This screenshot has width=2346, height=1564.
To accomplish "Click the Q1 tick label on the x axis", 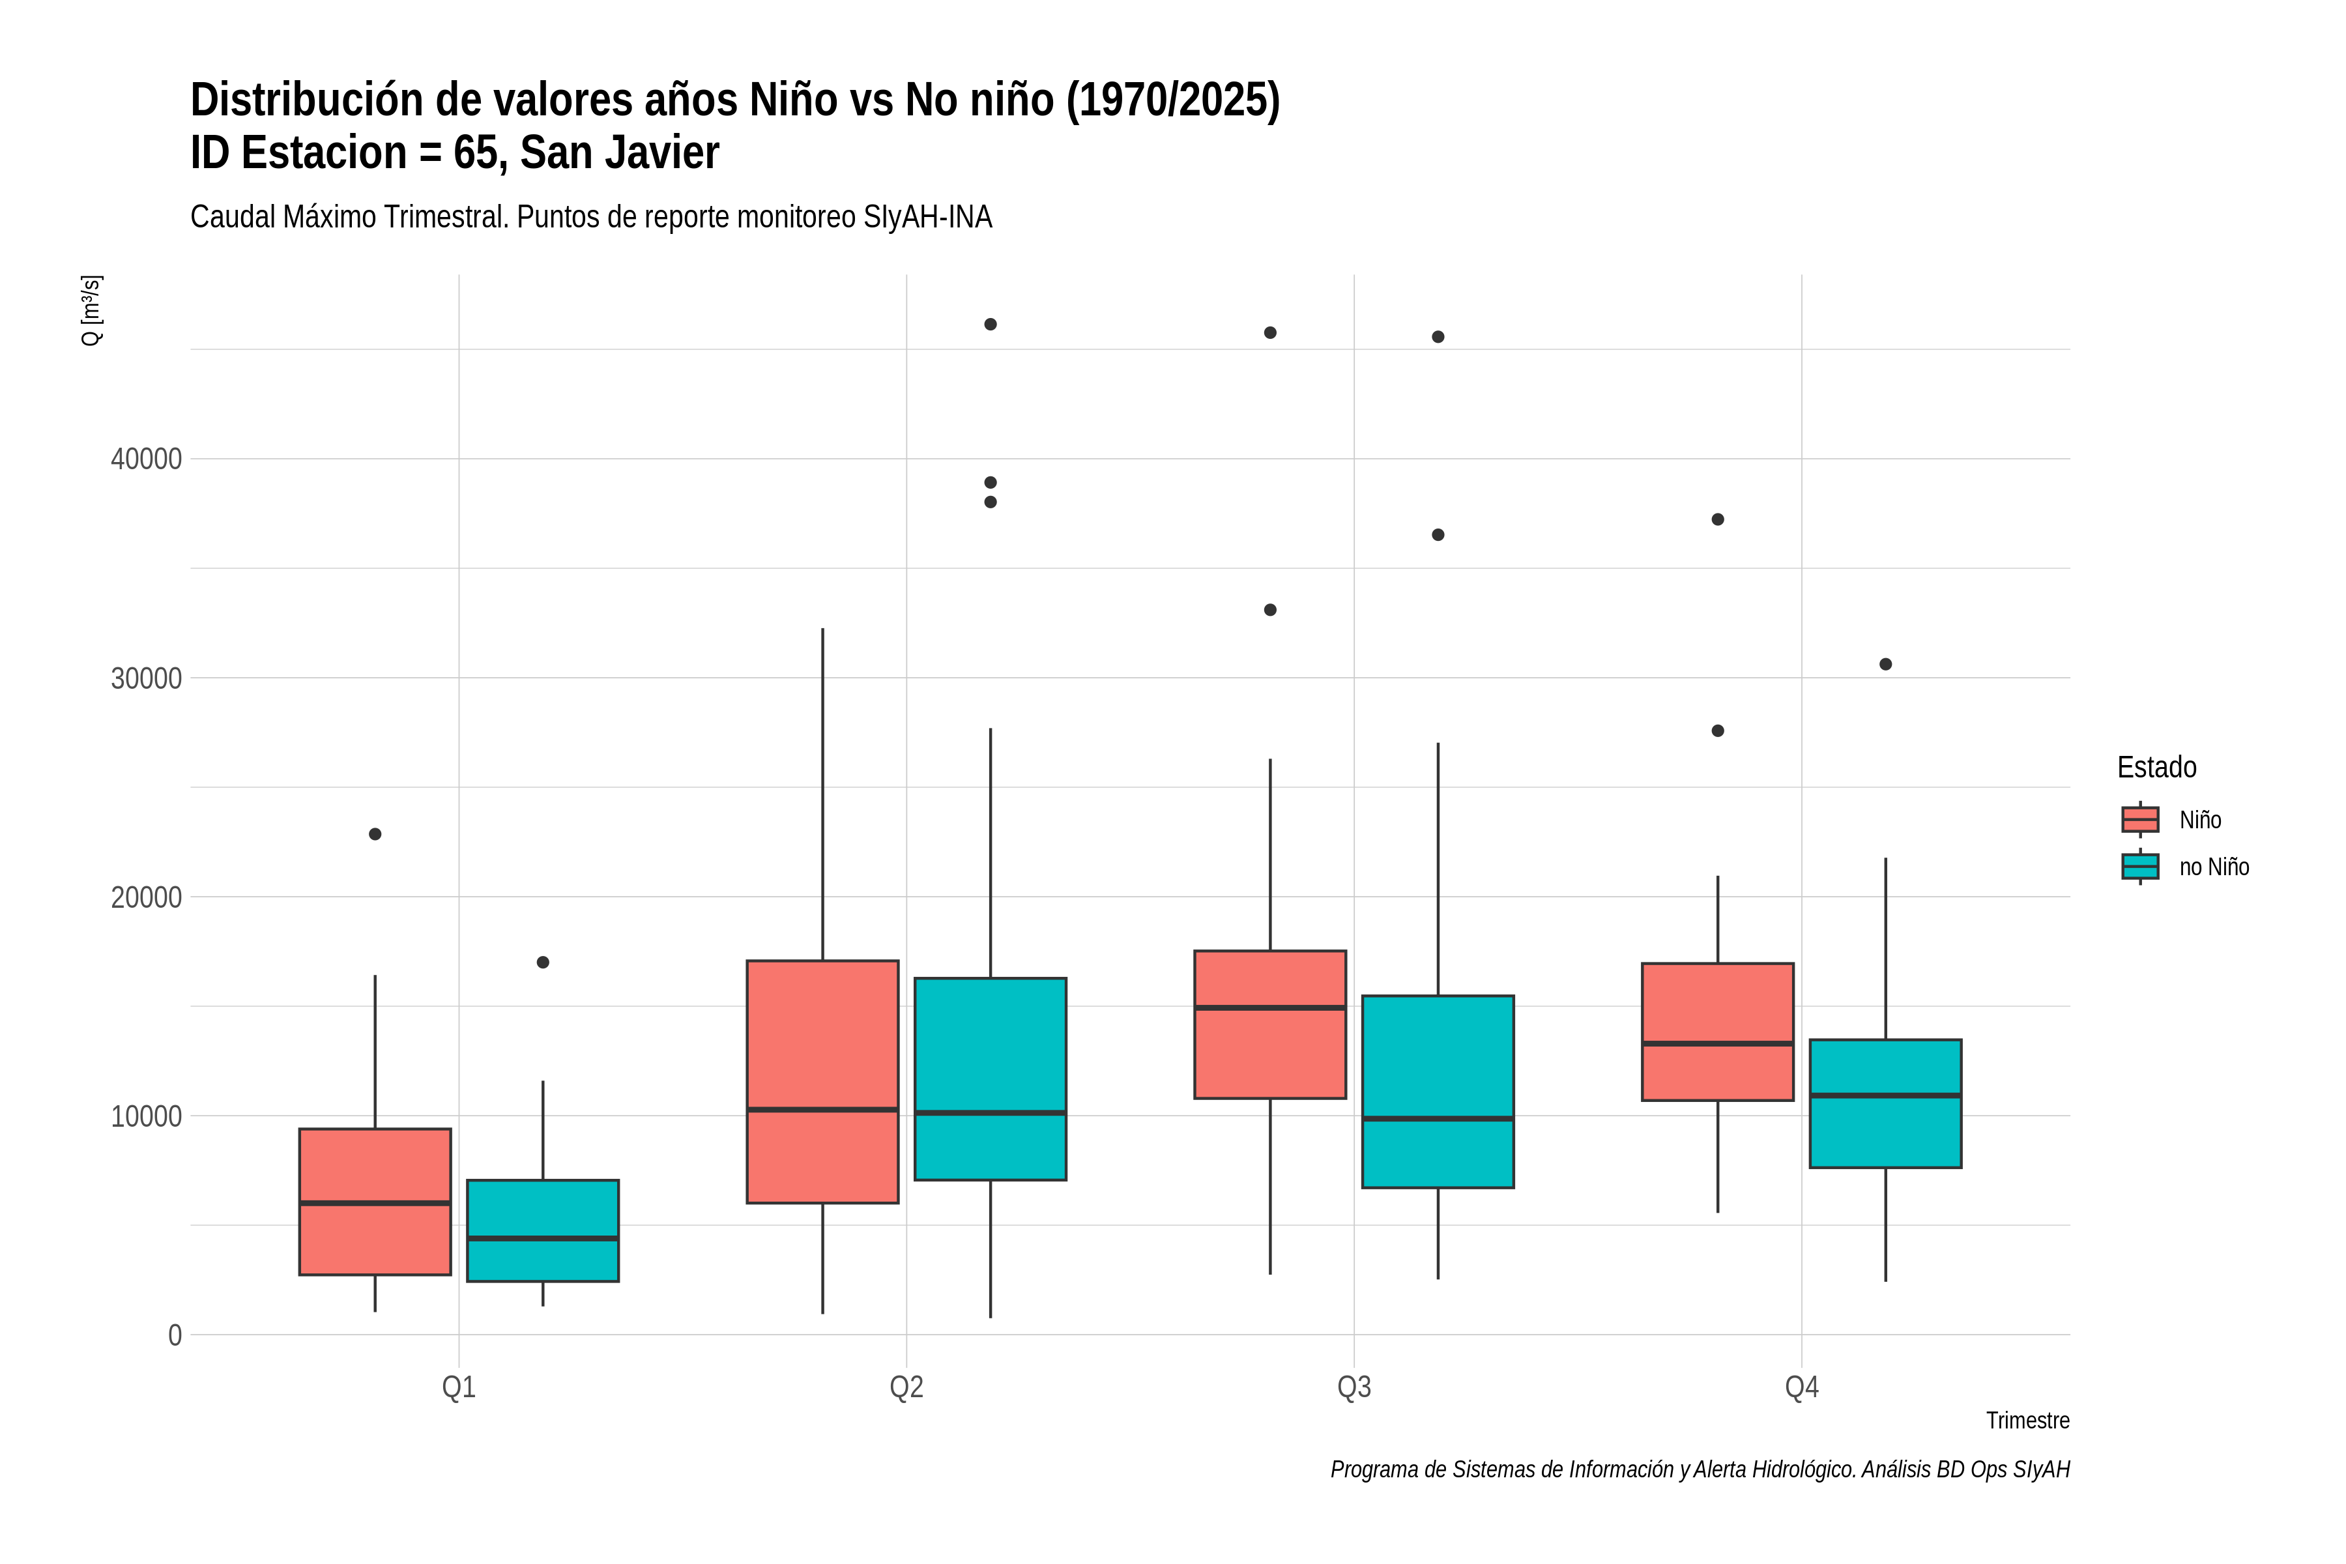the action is click(x=459, y=1387).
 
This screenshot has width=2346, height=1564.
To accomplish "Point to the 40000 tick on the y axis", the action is click(x=147, y=459).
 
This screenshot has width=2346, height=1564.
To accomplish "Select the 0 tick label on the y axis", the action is click(x=175, y=1335).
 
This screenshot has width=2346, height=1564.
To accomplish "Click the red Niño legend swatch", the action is click(x=2141, y=819).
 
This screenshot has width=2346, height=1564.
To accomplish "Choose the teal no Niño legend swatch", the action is click(x=2141, y=867).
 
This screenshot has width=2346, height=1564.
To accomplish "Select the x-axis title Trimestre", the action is click(x=2028, y=1421).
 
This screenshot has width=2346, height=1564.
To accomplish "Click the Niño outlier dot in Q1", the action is click(x=375, y=834).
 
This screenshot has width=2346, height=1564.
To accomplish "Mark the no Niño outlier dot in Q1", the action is click(x=543, y=963).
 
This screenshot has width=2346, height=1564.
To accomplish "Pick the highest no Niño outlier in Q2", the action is click(x=991, y=324).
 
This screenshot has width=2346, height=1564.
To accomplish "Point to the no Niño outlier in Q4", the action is click(x=1885, y=664).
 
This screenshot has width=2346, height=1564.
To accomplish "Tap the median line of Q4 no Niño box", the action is click(x=1885, y=1095).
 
